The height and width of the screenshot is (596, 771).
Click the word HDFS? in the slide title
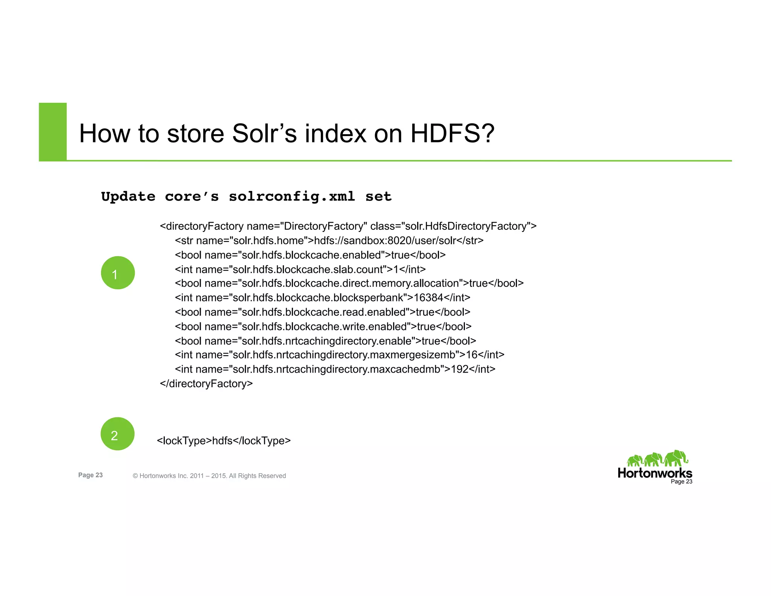(452, 133)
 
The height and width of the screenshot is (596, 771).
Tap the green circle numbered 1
(118, 273)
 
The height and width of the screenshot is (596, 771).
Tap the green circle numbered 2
(117, 434)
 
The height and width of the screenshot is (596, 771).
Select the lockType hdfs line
(224, 440)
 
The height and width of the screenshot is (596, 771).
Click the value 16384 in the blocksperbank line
(428, 298)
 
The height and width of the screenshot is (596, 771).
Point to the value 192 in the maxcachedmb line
(459, 369)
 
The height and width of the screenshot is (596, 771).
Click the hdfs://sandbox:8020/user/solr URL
(385, 240)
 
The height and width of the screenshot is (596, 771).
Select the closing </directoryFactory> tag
(206, 384)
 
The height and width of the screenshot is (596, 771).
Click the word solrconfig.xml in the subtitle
(292, 196)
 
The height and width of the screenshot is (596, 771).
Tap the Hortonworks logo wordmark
(655, 473)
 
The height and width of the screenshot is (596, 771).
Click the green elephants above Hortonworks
(657, 458)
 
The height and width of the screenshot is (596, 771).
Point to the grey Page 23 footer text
(90, 475)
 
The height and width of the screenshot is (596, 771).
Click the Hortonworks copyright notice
(209, 476)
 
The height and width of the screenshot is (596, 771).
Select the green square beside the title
(53, 132)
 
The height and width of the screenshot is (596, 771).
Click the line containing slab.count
(300, 269)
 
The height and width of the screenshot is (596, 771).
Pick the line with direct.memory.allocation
(349, 283)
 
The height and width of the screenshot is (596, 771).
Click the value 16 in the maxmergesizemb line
(472, 355)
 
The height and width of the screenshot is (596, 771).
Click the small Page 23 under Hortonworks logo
(681, 481)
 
